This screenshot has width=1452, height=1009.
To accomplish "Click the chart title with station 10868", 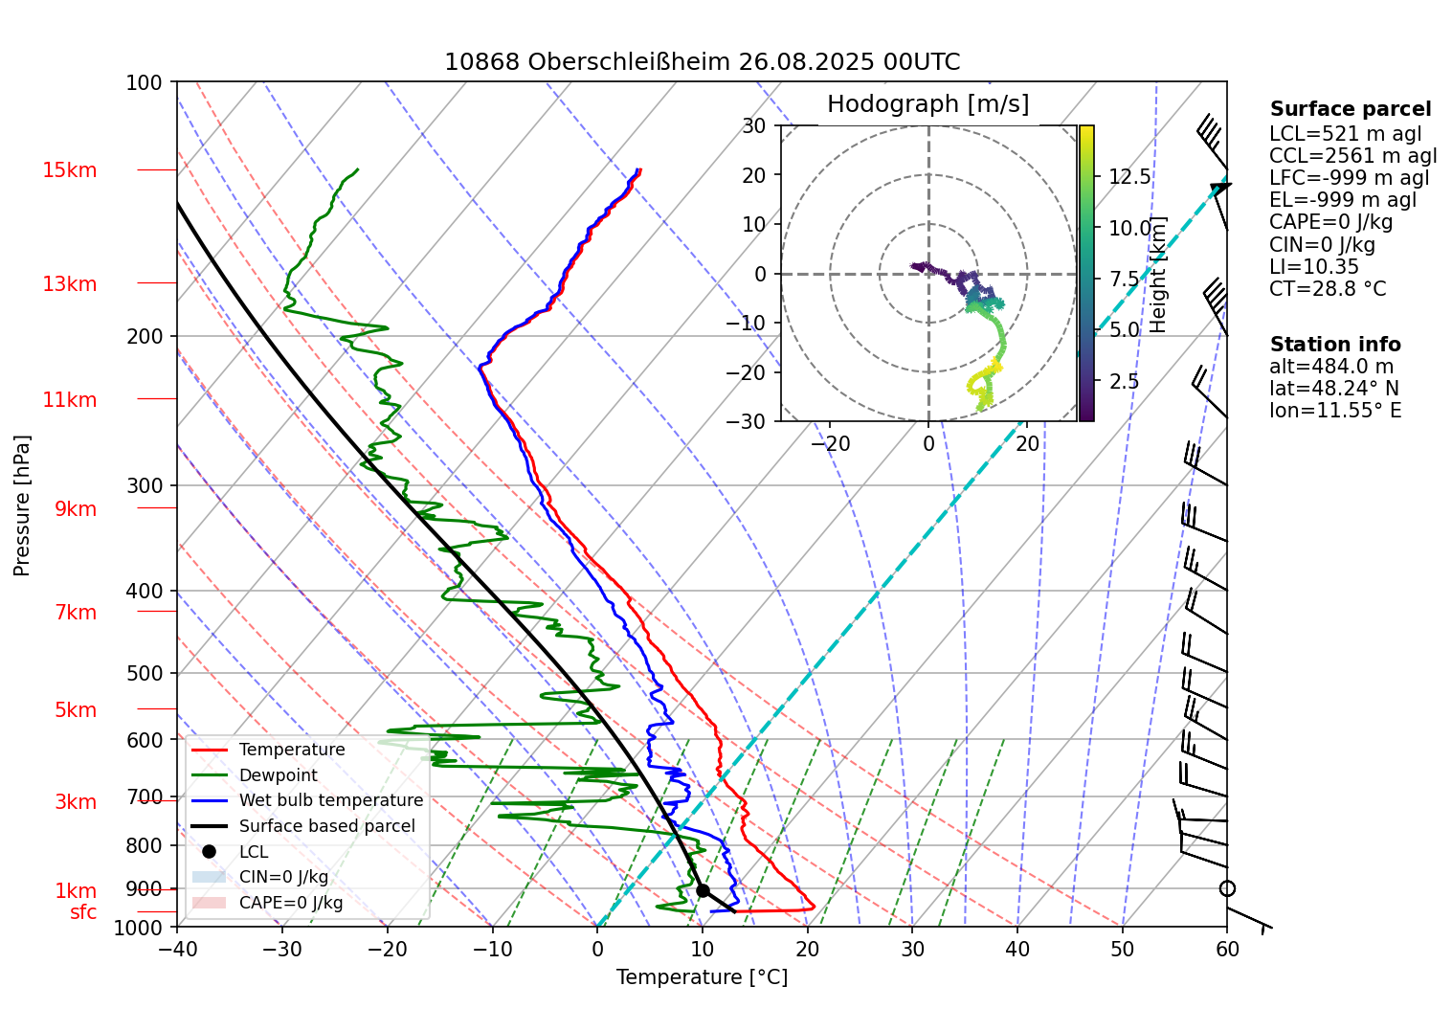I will point(702,62).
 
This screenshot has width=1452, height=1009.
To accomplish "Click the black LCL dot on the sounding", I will point(703,890).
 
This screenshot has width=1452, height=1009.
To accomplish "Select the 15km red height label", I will point(69,170).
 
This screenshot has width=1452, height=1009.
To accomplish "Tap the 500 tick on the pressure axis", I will point(145,673).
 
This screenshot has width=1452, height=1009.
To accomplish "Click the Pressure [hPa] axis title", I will point(22,505).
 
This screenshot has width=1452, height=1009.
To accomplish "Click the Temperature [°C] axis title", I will point(702,976).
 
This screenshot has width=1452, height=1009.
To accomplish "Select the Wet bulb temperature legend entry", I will point(330,800).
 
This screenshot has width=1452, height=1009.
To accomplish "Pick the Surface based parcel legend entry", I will point(326,826).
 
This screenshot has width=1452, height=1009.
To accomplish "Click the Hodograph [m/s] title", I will point(927,104).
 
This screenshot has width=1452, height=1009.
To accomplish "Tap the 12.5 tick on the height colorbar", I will point(1129,177).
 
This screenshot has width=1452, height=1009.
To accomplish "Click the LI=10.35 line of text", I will point(1313,266).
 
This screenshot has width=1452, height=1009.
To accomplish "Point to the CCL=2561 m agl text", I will point(1352,156).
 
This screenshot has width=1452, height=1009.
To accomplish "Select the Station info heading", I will point(1334,345).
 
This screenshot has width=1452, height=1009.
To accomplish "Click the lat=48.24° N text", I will point(1333,389).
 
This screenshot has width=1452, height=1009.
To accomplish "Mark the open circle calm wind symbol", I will point(1227,888).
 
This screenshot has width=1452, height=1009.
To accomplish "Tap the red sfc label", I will point(83,912).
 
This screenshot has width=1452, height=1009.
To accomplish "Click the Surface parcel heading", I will point(1350,109).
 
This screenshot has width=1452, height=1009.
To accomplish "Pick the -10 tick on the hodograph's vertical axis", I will point(753,323).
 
